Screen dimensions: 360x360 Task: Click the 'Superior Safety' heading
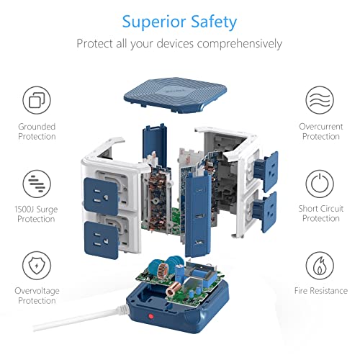pos(179,22)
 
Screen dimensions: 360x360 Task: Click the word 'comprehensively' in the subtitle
pos(240,44)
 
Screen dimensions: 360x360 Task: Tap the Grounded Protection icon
pos(37,100)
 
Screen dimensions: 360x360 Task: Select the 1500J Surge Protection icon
pos(37,184)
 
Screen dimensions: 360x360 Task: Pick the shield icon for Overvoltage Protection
pos(37,266)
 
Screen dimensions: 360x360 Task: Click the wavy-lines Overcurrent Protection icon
pos(320,100)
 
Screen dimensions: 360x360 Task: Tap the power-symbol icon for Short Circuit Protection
pos(320,184)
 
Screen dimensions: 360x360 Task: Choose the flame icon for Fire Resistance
pos(320,266)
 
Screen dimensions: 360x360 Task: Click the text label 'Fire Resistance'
pos(321,291)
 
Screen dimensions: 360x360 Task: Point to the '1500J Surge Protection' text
pos(36,214)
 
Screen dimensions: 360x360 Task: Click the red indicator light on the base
pos(150,316)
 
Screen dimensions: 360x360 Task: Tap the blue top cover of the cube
pos(175,94)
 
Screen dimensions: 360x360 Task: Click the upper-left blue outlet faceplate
pos(101,196)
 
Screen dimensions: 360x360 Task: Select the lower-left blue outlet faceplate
pos(102,240)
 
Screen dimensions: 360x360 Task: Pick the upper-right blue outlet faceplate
pos(267,171)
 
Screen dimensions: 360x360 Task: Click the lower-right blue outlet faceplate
pos(265,212)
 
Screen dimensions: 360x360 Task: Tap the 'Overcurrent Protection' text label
pos(321,132)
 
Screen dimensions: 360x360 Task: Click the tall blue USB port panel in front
pos(198,214)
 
